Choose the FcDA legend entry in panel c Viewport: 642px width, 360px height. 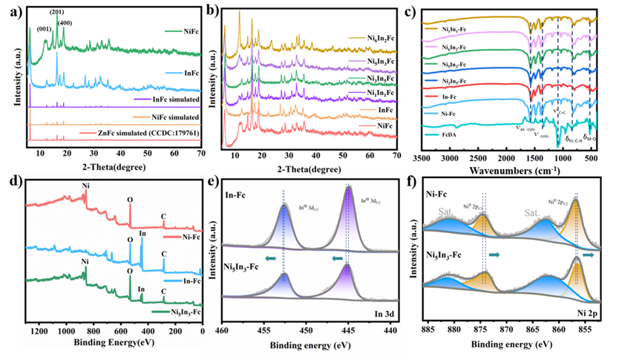[442, 135]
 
